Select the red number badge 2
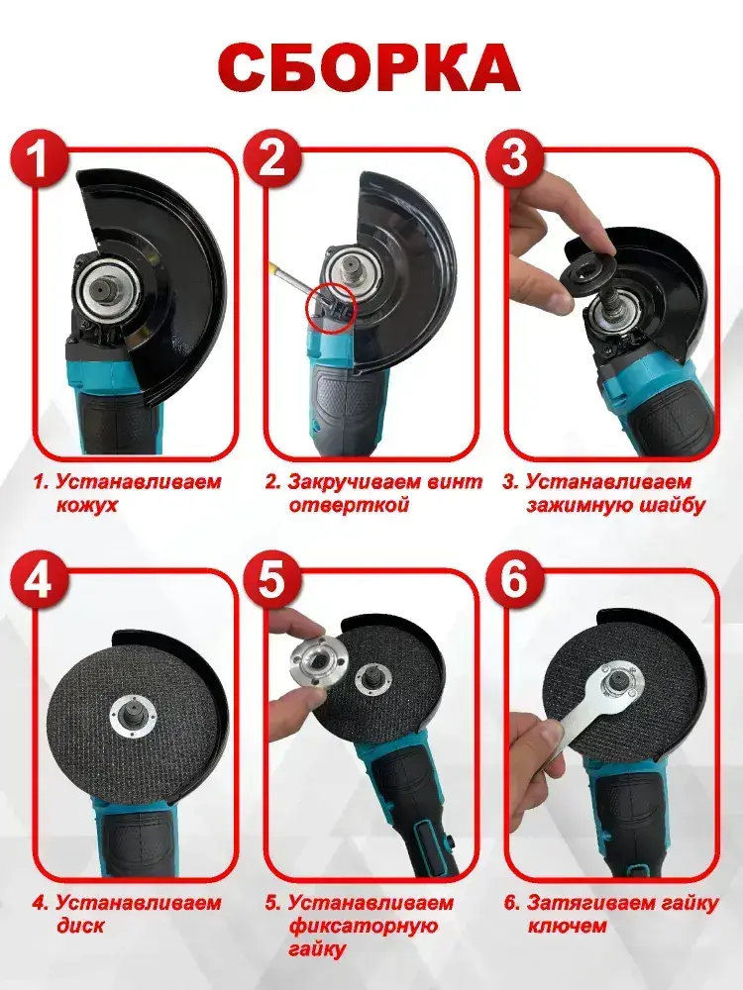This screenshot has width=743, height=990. [x=271, y=157]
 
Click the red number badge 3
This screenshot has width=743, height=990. [x=513, y=157]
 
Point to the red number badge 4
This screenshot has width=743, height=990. [x=40, y=579]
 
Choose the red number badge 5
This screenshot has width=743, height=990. [x=271, y=579]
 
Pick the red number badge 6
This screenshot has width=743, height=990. [x=513, y=579]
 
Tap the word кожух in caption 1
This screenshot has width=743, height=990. [x=86, y=506]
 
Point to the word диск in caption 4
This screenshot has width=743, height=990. [x=80, y=927]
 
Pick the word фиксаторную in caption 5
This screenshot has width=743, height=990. [x=364, y=927]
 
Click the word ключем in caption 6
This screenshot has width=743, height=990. [x=567, y=927]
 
